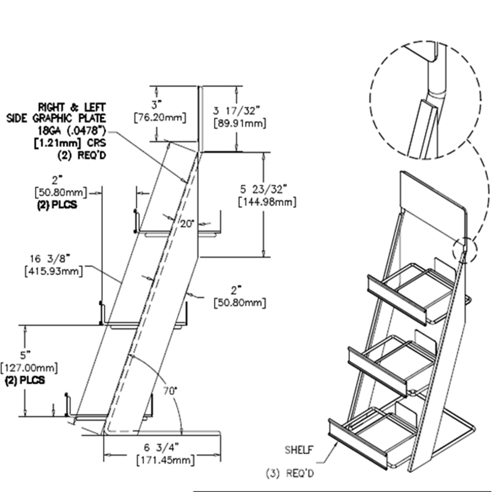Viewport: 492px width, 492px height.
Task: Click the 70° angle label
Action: pos(170,391)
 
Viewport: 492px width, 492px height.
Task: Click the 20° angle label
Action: pos(187,224)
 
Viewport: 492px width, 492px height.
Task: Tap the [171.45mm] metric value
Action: pos(165,460)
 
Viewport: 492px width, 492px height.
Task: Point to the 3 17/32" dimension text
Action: pos(237,111)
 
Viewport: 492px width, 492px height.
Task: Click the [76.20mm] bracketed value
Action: pos(160,118)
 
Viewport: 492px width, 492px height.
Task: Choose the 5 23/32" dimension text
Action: pos(264,189)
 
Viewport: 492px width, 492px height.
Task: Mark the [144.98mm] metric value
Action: pos(268,202)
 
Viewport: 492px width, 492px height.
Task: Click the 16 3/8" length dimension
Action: pos(50,258)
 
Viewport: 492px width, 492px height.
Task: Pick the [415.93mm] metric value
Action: pos(54,271)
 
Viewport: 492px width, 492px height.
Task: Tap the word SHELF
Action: pos(299,450)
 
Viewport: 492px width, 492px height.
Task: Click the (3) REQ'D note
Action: pos(290,473)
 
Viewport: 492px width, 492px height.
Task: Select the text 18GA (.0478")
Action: pos(72,130)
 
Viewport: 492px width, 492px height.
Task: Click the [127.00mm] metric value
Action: pos(29,367)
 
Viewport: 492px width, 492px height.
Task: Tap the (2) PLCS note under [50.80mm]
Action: pos(57,205)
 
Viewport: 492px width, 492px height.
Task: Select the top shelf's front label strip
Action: pos(397,300)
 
